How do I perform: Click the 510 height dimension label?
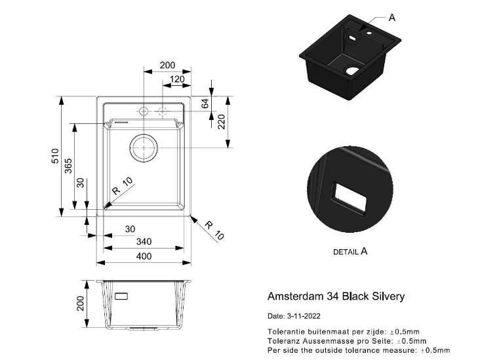(56, 157)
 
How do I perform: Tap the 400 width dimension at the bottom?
(144, 256)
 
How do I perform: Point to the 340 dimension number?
(144, 242)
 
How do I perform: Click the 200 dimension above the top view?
(167, 66)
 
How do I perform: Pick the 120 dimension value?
(176, 79)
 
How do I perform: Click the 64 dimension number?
(205, 104)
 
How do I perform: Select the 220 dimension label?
(222, 122)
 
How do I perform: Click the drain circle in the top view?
(144, 148)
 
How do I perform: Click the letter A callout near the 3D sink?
(392, 18)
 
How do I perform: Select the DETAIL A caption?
(350, 251)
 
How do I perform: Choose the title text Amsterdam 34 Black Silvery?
(336, 296)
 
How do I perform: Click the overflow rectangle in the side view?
(123, 296)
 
